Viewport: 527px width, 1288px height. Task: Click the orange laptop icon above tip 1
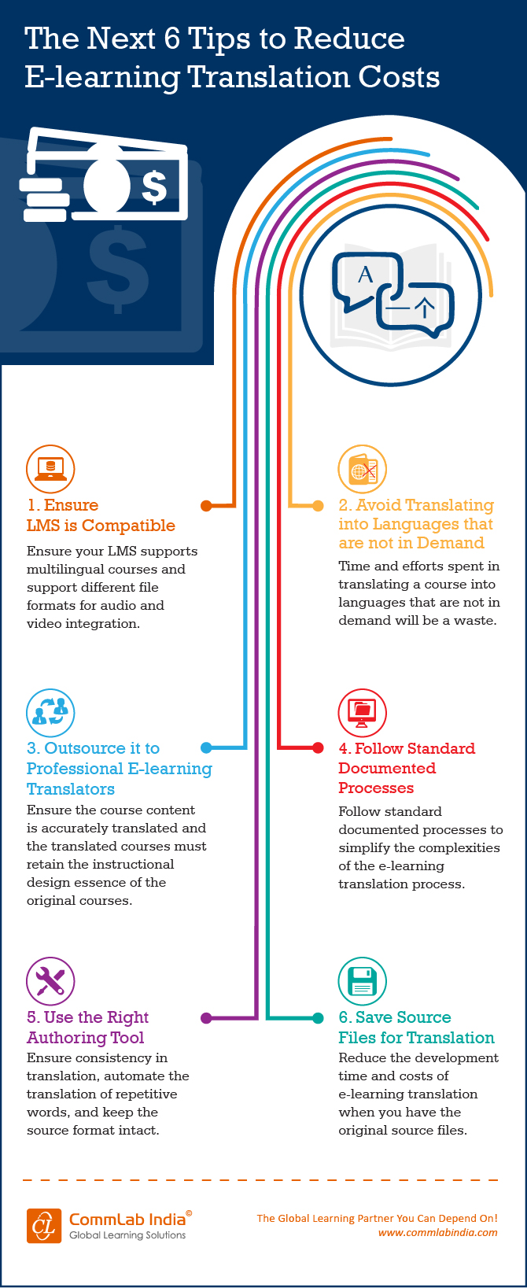pyautogui.click(x=50, y=469)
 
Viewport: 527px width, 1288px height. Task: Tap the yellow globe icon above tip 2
pyautogui.click(x=362, y=469)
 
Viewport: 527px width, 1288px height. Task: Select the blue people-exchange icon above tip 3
pyautogui.click(x=50, y=712)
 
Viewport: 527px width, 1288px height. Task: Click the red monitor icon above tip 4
pyautogui.click(x=362, y=712)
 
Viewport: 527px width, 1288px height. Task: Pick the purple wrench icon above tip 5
pyautogui.click(x=50, y=981)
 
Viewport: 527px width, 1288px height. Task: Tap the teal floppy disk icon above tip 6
pyautogui.click(x=362, y=981)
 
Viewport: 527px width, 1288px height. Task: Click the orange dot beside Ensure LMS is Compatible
pyautogui.click(x=206, y=505)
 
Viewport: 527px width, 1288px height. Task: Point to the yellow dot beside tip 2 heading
pyautogui.click(x=318, y=505)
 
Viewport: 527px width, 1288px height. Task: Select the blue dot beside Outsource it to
pyautogui.click(x=206, y=747)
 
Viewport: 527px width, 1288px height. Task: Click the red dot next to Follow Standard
pyautogui.click(x=318, y=747)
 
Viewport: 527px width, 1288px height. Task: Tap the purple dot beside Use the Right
pyautogui.click(x=206, y=1017)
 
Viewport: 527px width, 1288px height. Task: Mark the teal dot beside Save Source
pyautogui.click(x=318, y=1017)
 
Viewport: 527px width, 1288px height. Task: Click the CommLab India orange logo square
pyautogui.click(x=44, y=1226)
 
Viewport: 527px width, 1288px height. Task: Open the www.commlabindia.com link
pyautogui.click(x=437, y=1232)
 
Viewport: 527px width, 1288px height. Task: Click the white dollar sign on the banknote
pyautogui.click(x=154, y=186)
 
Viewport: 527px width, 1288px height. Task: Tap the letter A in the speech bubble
pyautogui.click(x=365, y=275)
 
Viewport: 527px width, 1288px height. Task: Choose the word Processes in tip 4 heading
pyautogui.click(x=376, y=788)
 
